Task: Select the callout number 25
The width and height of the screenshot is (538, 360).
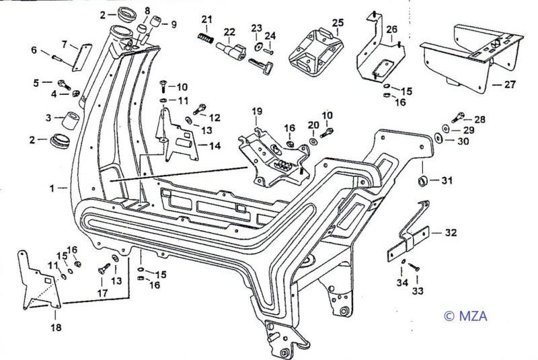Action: pos(337,22)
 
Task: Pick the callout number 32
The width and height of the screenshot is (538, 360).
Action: pos(451,233)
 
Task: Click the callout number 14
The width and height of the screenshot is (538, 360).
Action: pos(214,145)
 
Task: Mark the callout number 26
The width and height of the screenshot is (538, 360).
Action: pos(392,29)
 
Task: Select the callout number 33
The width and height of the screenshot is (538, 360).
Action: pos(418,292)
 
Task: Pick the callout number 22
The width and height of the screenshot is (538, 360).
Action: pos(229,32)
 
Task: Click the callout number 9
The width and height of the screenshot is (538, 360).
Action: pos(174,25)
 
